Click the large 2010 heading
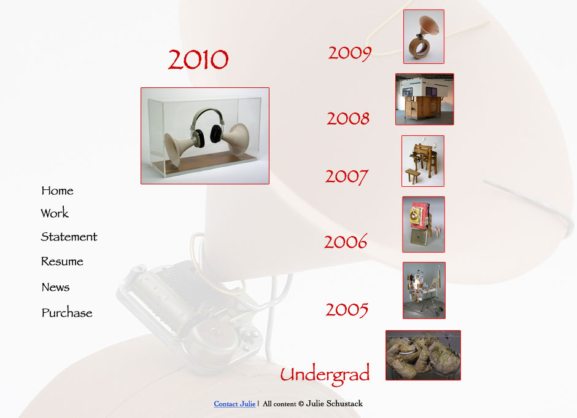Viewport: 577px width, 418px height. [198, 60]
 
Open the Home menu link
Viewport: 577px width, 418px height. [58, 191]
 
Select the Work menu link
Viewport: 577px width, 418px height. [55, 213]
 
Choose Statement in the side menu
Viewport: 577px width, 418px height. [69, 237]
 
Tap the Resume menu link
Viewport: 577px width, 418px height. [62, 261]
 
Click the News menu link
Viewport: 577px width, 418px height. [56, 287]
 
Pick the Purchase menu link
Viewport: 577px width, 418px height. [67, 313]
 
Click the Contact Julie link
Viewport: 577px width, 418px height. [234, 404]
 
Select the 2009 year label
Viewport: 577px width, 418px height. [350, 53]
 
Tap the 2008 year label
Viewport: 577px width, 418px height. [348, 118]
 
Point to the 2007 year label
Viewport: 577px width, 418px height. [347, 176]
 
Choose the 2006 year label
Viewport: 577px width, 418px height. [346, 242]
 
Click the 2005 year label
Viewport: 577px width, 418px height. [347, 310]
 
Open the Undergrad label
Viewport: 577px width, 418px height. [325, 374]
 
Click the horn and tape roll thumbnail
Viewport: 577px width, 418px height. [424, 36]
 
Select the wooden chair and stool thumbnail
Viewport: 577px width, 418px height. [423, 161]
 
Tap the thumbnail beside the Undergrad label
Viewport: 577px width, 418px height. [423, 355]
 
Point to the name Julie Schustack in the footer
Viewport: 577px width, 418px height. [334, 404]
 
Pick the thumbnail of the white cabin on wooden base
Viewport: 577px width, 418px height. [425, 99]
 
